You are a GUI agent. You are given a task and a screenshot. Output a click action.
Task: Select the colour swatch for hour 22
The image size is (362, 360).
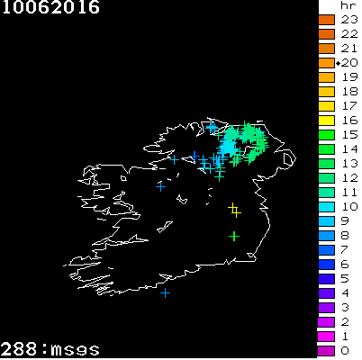[327, 33]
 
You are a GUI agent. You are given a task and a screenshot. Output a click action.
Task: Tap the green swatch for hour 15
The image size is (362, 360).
[327, 134]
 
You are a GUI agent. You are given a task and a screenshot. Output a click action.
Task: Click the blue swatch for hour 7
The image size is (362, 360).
[327, 249]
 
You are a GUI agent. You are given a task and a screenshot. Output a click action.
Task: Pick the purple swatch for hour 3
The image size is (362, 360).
[327, 307]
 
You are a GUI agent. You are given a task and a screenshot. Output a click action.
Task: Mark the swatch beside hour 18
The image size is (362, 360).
[327, 91]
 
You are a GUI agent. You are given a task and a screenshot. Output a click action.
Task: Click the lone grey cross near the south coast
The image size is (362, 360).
[165, 292]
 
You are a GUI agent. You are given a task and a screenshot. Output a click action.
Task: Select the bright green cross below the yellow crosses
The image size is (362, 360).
[233, 236]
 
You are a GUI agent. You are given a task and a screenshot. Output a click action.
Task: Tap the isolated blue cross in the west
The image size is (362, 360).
[160, 186]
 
